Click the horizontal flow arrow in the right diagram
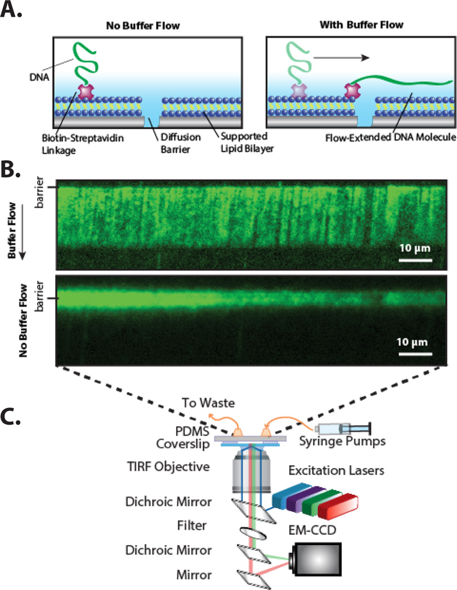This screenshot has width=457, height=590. point(336,57)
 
